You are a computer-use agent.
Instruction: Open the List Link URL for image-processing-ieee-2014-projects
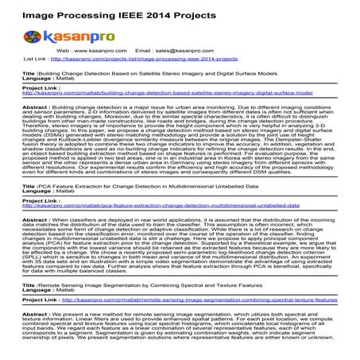tap(146, 59)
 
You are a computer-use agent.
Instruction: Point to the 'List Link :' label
tap(41, 59)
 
